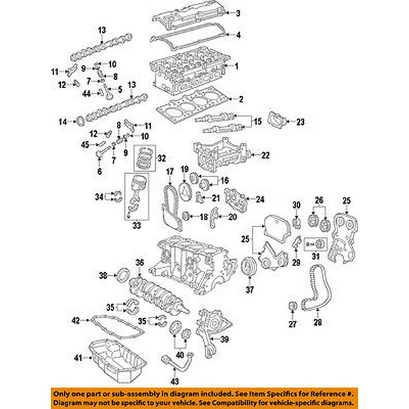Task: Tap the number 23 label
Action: (x=300, y=122)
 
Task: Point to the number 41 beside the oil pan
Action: (x=78, y=359)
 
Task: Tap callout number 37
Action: (x=250, y=291)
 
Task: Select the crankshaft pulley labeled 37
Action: (x=250, y=263)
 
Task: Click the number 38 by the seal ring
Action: (x=103, y=275)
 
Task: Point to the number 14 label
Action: (x=62, y=122)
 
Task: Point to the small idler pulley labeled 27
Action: (x=291, y=306)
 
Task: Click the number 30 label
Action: (x=297, y=204)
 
